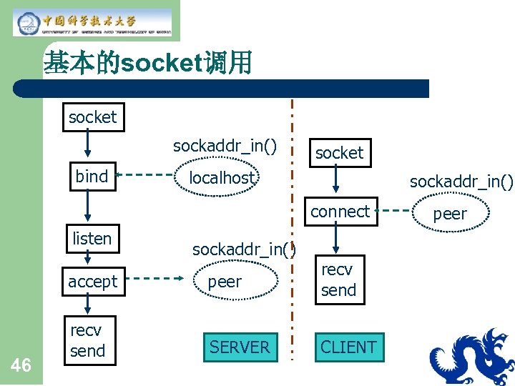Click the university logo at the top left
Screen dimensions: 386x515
pos(92,22)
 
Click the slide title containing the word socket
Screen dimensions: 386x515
pos(147,64)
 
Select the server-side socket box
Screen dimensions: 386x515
pos(92,117)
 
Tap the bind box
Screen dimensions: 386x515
pos(92,177)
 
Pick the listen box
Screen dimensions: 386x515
pos(92,239)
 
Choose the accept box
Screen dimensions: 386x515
pos(92,282)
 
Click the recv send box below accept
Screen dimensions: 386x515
pos(87,341)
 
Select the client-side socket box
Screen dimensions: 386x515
pos(340,153)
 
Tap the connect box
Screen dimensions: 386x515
pos(340,212)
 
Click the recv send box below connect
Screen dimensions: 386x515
pos(339,279)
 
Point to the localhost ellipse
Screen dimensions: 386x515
pos(222,178)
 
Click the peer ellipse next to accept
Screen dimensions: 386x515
pos(225,282)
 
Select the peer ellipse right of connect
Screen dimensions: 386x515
pos(450,214)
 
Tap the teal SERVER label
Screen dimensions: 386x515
pos(240,347)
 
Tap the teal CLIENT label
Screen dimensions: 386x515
pos(348,347)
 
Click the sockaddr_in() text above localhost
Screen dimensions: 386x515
pos(225,146)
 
